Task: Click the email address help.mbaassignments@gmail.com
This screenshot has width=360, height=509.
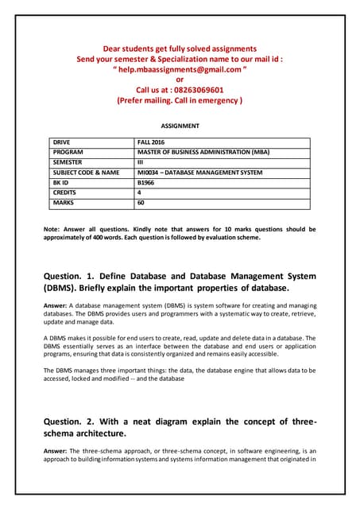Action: (180, 69)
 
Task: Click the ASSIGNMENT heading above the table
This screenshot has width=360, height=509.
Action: (180, 126)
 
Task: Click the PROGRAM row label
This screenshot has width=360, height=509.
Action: (68, 151)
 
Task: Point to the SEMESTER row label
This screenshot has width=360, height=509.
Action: (69, 161)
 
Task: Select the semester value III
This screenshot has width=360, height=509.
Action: (141, 161)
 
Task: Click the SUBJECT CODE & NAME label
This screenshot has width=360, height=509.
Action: (86, 172)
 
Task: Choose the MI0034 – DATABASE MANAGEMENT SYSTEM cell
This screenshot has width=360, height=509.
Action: (199, 172)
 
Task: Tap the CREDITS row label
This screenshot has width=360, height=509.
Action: (66, 192)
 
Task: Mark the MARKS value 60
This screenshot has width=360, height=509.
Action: (141, 203)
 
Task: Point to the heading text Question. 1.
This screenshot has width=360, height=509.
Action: (78, 277)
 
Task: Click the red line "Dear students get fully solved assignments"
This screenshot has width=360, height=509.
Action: (180, 49)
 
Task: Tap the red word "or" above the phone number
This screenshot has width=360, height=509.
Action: (180, 80)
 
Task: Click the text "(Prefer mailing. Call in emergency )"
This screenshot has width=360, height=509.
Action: (180, 101)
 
